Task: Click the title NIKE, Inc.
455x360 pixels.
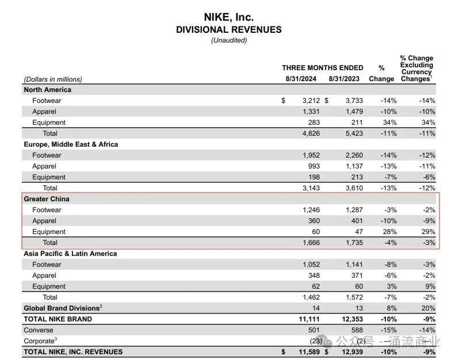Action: [x=228, y=17]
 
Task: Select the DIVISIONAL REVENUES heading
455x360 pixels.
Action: [x=228, y=30]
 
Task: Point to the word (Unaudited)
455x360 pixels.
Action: [x=228, y=40]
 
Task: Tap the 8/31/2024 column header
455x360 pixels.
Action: [x=300, y=79]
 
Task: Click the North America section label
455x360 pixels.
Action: [x=47, y=90]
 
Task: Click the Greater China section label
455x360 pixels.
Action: [x=46, y=199]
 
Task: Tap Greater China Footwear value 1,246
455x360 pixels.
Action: [x=308, y=210]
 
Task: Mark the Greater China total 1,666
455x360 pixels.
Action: [x=308, y=243]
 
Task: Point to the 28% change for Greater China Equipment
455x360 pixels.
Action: [x=389, y=232]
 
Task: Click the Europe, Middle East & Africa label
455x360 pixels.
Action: [x=71, y=144]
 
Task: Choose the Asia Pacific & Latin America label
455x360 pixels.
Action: [x=70, y=254]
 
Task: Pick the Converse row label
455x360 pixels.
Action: [x=38, y=330]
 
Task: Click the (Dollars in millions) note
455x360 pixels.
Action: [x=53, y=79]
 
